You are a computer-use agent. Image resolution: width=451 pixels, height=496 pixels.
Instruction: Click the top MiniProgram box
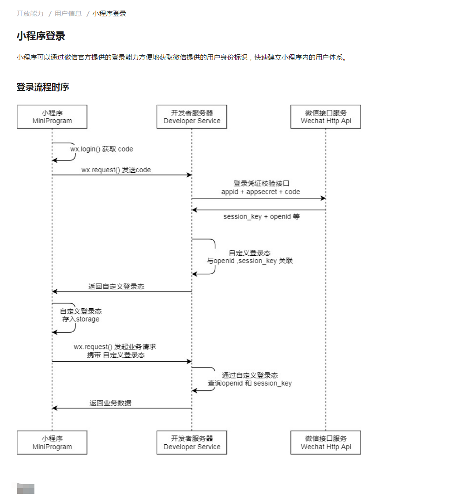(x=52, y=117)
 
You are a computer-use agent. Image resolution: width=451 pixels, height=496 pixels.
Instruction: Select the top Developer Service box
(x=192, y=117)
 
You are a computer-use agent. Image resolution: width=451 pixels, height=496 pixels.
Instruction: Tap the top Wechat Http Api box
(x=326, y=117)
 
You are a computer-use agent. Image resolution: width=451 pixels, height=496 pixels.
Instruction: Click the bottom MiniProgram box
(x=52, y=443)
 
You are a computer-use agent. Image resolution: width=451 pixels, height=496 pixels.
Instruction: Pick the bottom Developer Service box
(x=192, y=443)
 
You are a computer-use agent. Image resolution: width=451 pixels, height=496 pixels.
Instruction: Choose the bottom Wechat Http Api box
(x=326, y=443)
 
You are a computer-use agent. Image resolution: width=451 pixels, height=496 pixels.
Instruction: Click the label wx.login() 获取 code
(x=102, y=149)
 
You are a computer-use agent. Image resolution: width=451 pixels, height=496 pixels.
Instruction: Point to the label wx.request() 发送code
(x=116, y=170)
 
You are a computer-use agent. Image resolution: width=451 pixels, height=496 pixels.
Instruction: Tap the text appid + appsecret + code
(x=260, y=192)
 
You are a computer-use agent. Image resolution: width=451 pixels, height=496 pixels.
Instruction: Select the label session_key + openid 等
(x=261, y=217)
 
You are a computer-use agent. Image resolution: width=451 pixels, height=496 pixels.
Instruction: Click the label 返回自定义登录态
(x=116, y=287)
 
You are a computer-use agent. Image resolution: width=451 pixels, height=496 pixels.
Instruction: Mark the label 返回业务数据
(x=110, y=403)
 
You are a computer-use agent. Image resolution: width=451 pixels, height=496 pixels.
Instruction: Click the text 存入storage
(x=81, y=319)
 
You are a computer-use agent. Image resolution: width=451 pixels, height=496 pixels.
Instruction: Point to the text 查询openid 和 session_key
(x=250, y=383)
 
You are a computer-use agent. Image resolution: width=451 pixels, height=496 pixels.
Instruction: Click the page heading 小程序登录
(x=41, y=36)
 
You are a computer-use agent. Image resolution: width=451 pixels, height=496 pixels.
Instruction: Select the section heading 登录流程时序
(x=43, y=87)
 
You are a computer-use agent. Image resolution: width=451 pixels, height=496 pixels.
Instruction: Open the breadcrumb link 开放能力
(x=30, y=14)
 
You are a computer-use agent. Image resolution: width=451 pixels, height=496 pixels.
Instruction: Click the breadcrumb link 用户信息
(x=68, y=14)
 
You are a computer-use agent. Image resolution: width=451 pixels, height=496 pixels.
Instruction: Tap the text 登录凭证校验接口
(x=261, y=184)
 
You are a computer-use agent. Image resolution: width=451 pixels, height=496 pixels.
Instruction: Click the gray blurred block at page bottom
(x=26, y=488)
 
